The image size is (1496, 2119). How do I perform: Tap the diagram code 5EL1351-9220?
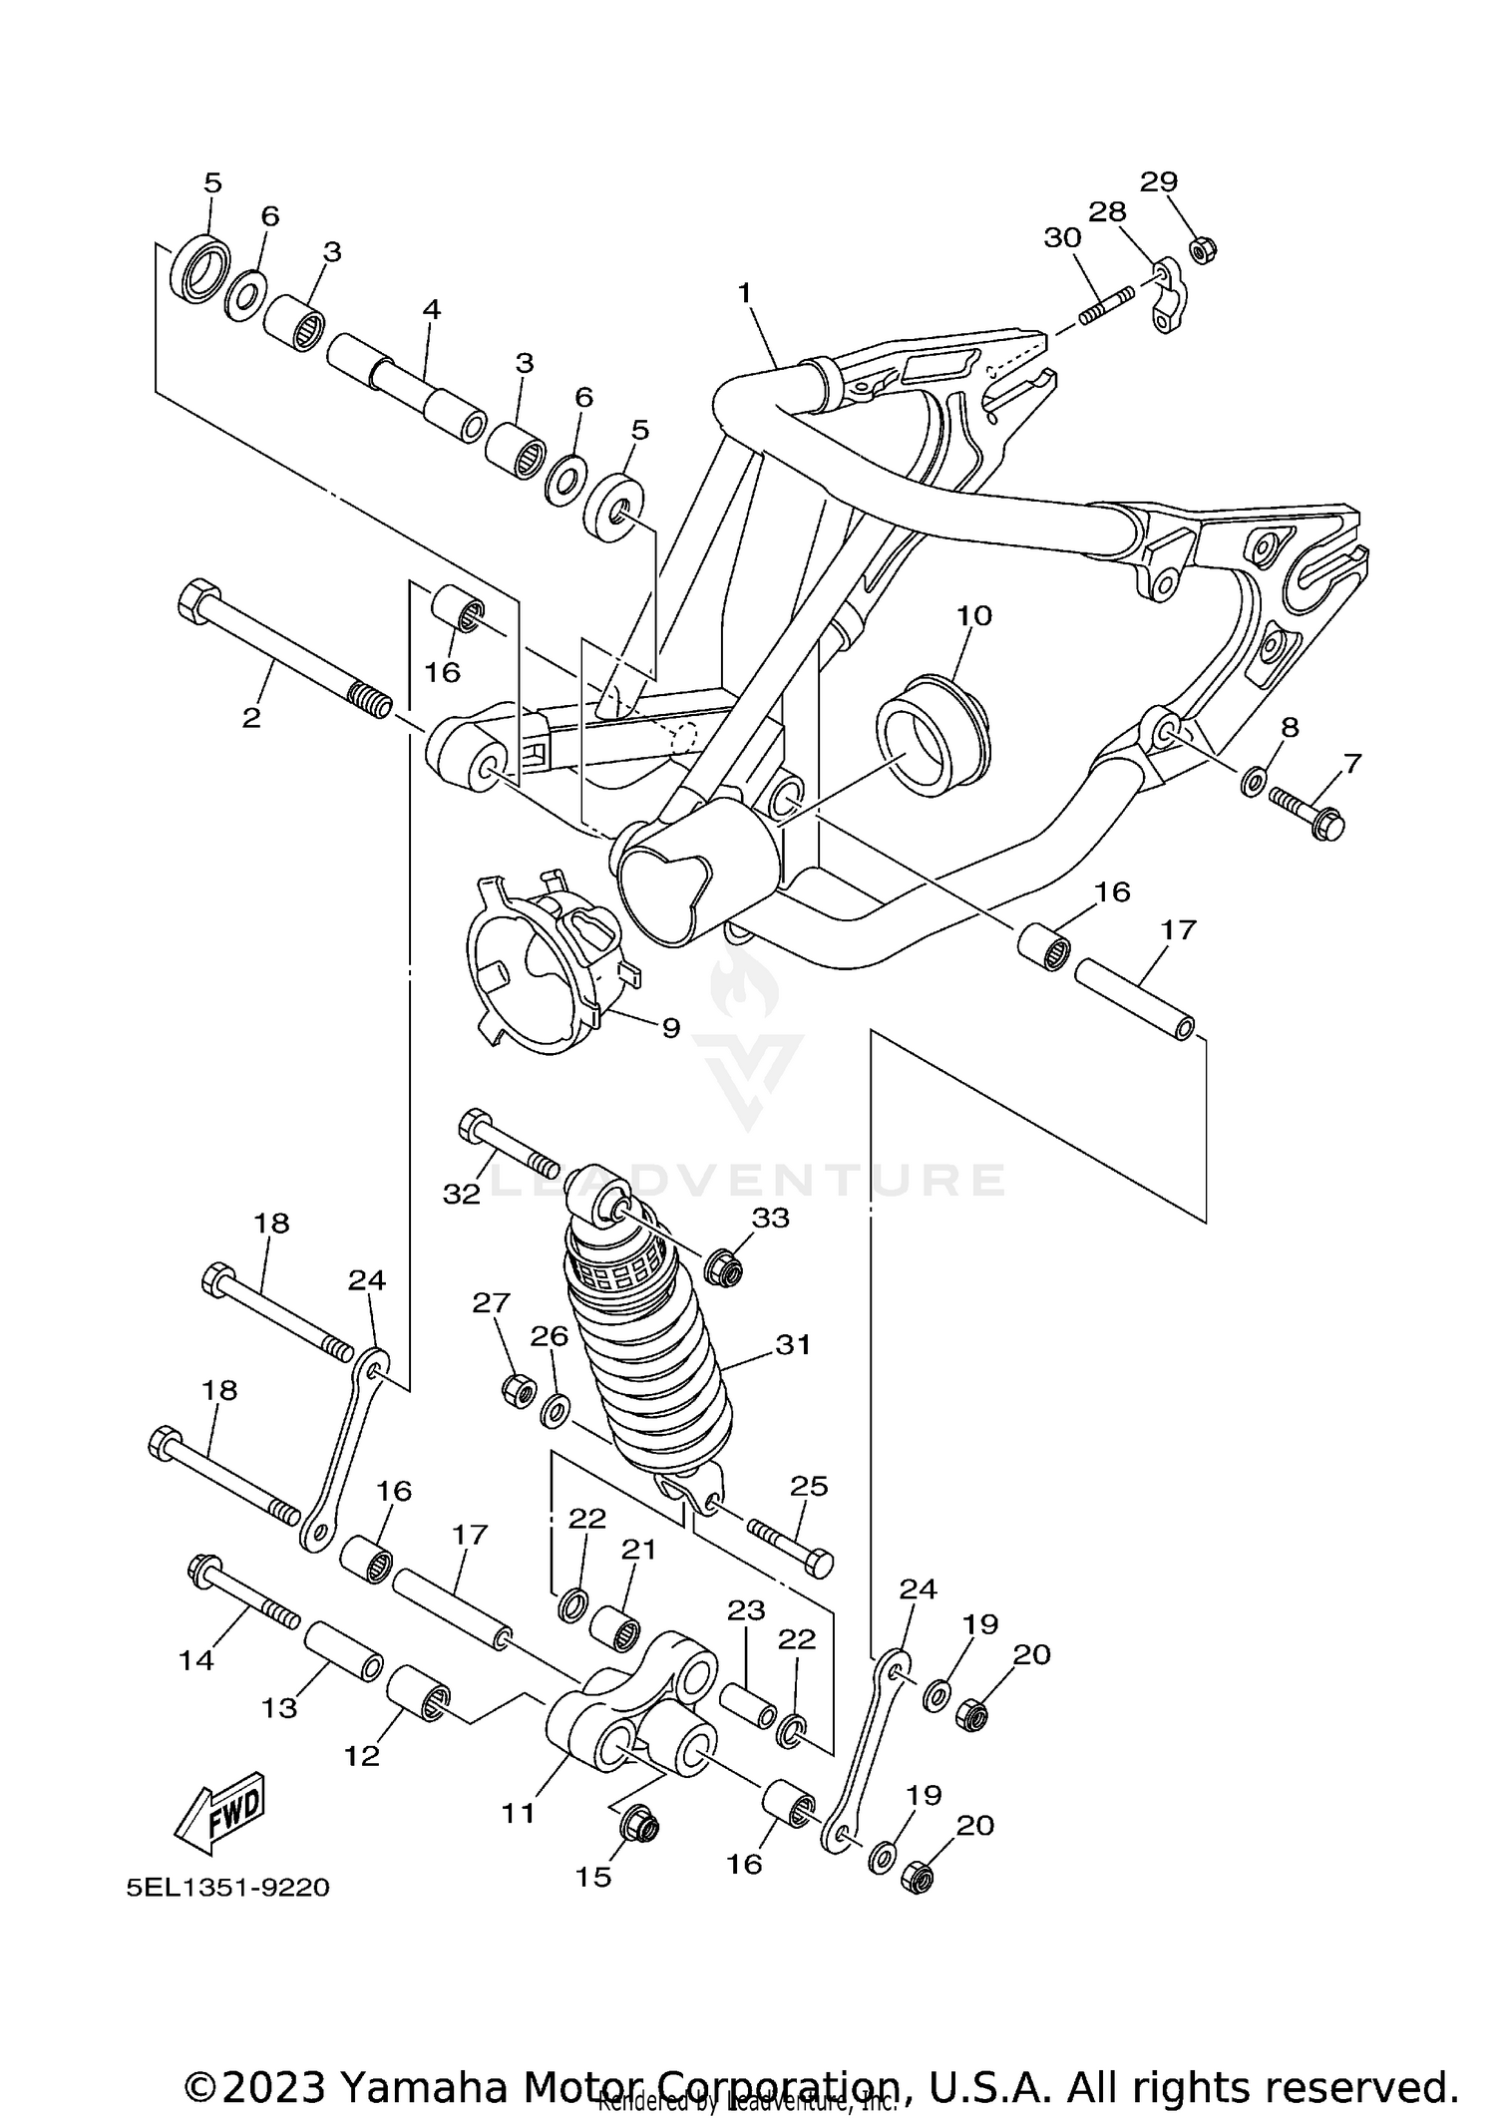(x=227, y=1888)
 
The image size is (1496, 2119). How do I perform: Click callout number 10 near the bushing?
(x=974, y=615)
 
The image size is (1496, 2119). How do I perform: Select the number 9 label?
(x=670, y=1027)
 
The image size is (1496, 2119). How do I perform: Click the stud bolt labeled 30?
(x=1107, y=305)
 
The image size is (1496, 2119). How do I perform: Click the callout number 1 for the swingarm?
(x=744, y=293)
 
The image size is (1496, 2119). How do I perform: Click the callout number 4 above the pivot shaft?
(x=431, y=309)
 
